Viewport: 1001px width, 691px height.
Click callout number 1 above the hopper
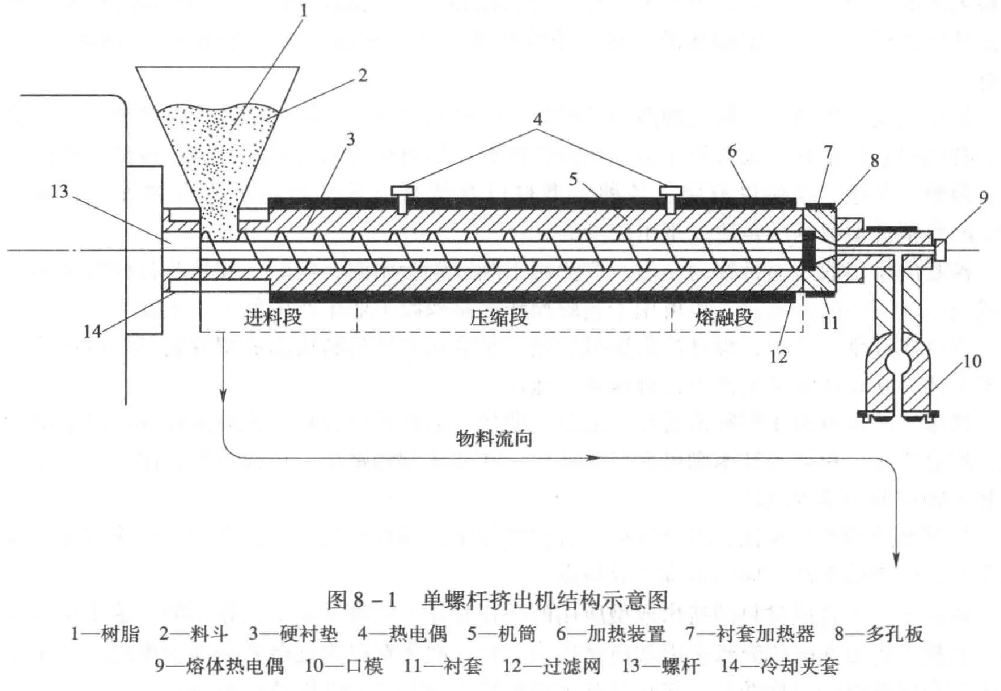(x=304, y=11)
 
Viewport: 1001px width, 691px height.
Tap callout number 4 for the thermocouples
(x=537, y=119)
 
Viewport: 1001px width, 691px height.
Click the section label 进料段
(x=272, y=317)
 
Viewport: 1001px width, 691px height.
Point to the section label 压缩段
(x=498, y=317)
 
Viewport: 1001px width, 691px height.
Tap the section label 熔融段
(x=724, y=317)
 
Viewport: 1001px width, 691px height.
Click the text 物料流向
(x=494, y=438)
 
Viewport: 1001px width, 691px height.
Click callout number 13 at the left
(x=60, y=191)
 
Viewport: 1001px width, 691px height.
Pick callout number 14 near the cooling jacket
(x=92, y=331)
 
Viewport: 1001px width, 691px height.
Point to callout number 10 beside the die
(x=971, y=361)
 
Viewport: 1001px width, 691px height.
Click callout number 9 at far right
(x=984, y=198)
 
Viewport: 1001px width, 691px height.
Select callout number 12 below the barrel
(x=778, y=356)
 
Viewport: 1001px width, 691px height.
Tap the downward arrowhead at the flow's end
(x=896, y=560)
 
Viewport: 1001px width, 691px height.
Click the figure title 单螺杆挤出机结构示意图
(x=545, y=600)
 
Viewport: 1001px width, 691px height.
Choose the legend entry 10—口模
(x=344, y=666)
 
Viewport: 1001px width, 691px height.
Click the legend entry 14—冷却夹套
(x=779, y=666)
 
